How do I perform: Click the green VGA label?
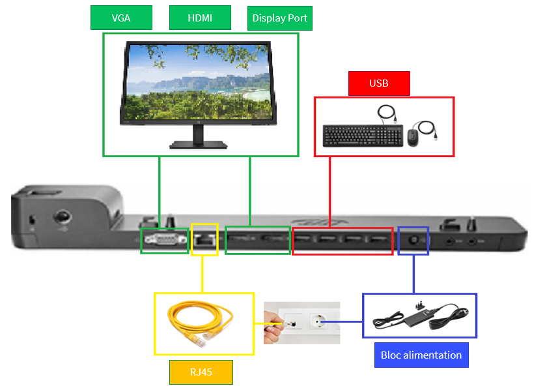pos(121,18)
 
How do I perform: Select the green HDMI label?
pos(200,18)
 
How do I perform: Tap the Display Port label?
pos(280,18)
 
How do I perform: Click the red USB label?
pos(378,83)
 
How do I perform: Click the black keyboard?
pos(362,135)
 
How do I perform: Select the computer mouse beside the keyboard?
pos(413,137)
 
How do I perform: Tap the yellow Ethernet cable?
pos(201,322)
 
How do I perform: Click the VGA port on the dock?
pos(164,241)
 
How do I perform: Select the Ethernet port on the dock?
pos(204,239)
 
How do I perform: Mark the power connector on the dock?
pos(412,239)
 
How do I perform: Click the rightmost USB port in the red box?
pos(378,241)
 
